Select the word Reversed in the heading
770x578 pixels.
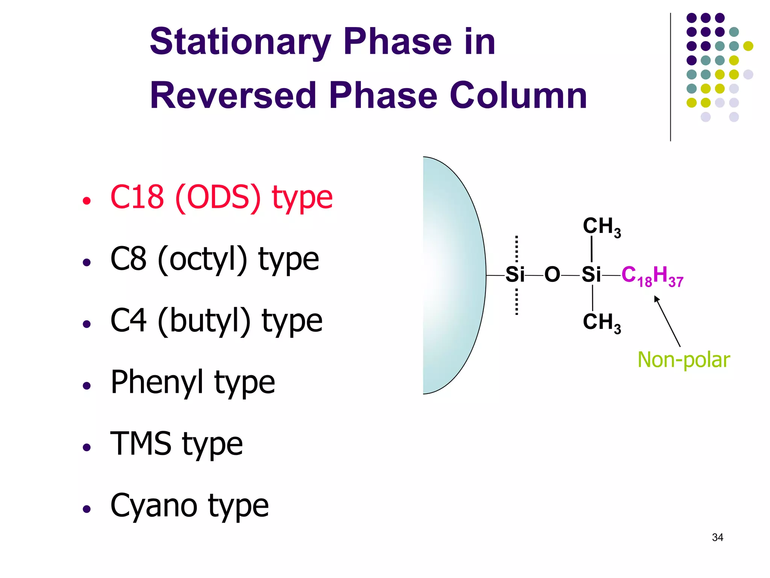(233, 96)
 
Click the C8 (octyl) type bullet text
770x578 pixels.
(214, 259)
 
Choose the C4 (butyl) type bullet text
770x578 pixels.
(216, 321)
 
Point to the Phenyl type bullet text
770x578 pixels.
(192, 382)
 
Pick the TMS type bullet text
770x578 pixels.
(176, 444)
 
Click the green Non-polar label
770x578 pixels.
(684, 360)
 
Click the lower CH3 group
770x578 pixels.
(602, 323)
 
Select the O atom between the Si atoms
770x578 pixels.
(552, 275)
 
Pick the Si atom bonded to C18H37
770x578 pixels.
(591, 275)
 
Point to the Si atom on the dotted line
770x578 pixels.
(515, 275)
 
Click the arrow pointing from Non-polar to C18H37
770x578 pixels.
(667, 321)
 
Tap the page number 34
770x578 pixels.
(717, 537)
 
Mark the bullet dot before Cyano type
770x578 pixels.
(87, 509)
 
